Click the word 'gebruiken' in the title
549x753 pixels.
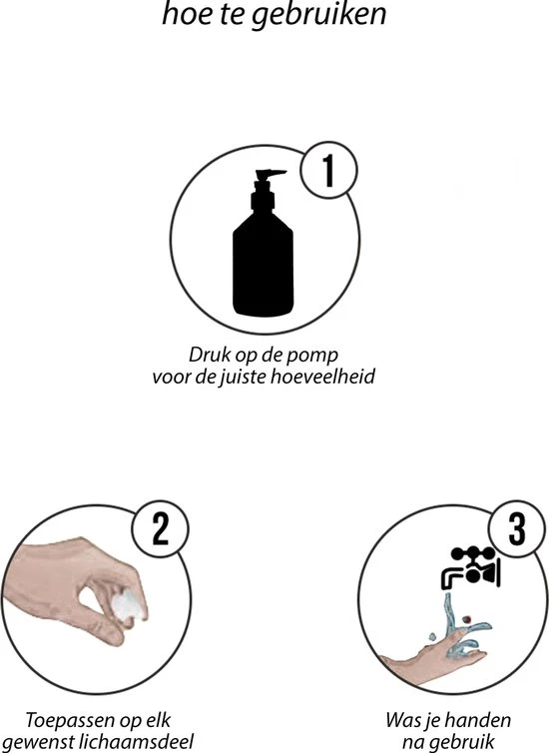(x=319, y=15)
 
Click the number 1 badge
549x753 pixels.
(x=328, y=170)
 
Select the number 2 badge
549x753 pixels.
(x=161, y=528)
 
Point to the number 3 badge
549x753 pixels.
(x=517, y=528)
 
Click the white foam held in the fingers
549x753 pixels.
(x=129, y=606)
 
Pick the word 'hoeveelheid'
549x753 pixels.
(x=323, y=376)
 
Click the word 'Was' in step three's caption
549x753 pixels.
(x=401, y=721)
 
